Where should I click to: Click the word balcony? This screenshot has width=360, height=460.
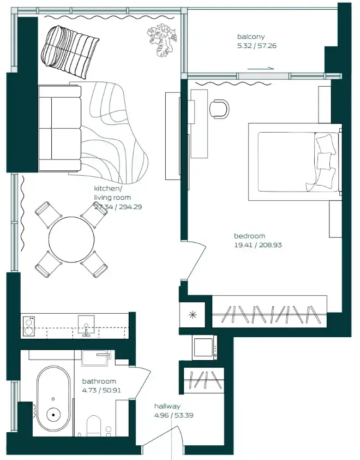click(x=250, y=37)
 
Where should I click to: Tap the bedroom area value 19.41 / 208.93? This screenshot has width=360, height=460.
click(x=258, y=246)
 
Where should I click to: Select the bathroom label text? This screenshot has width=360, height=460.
click(x=99, y=381)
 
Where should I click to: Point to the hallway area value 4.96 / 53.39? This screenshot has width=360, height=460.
click(x=173, y=415)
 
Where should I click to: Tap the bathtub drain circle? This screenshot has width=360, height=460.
click(x=53, y=415)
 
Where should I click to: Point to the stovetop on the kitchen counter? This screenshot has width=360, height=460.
click(x=29, y=326)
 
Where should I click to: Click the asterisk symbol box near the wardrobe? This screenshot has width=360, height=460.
click(x=193, y=315)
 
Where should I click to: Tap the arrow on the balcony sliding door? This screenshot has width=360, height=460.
click(x=261, y=69)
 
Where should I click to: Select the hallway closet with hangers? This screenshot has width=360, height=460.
click(x=205, y=380)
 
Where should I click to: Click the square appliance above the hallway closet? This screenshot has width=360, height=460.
click(x=205, y=347)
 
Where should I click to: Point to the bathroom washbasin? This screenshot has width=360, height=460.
click(x=97, y=358)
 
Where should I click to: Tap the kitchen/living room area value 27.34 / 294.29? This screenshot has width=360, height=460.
click(x=118, y=207)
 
